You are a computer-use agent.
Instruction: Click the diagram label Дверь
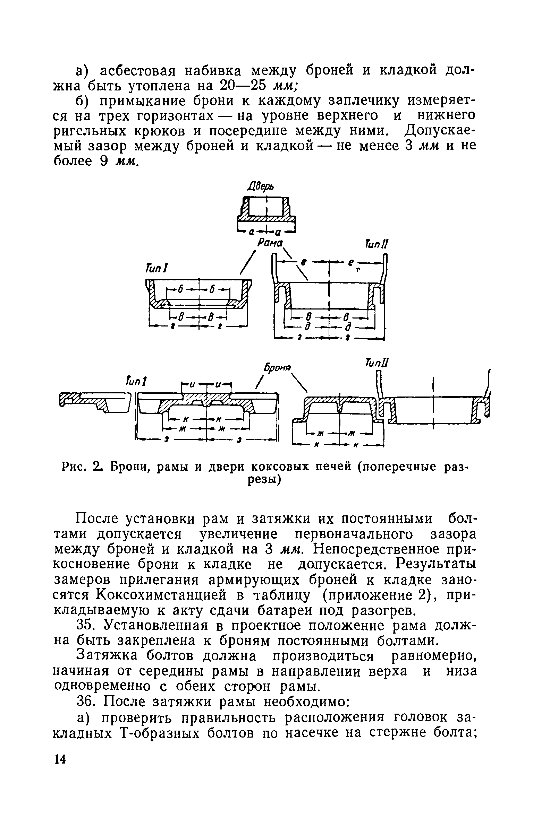pyautogui.click(x=261, y=188)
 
